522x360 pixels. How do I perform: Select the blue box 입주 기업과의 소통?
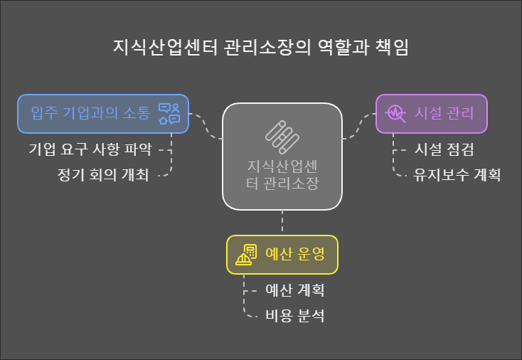[x=103, y=114]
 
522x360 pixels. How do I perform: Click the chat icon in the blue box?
[x=169, y=114]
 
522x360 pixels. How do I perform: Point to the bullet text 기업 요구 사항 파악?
[x=90, y=150]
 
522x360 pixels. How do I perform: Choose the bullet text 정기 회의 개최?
[x=103, y=175]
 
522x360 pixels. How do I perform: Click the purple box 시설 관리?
[x=431, y=114]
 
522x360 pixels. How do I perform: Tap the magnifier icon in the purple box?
[x=395, y=114]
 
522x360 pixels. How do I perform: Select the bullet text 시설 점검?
[x=443, y=150]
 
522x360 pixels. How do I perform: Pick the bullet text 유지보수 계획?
[x=457, y=175]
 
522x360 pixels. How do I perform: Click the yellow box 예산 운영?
[x=282, y=254]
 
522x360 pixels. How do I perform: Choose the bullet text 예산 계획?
[x=294, y=290]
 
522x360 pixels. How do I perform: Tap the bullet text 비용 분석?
[x=294, y=315]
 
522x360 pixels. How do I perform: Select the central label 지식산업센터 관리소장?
[x=282, y=174]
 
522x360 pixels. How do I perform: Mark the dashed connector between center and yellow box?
[x=282, y=222]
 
